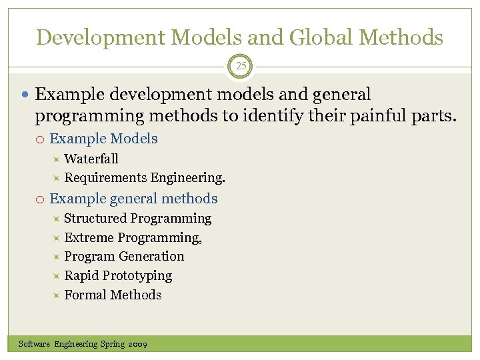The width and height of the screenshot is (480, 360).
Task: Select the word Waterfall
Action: pyautogui.click(x=91, y=159)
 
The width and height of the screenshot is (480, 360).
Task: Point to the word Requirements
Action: pyautogui.click(x=105, y=178)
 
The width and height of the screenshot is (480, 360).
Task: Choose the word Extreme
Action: pyautogui.click(x=89, y=237)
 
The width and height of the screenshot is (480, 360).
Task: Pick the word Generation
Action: pyautogui.click(x=153, y=256)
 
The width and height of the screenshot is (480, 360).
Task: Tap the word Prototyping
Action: pyautogui.click(x=137, y=275)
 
